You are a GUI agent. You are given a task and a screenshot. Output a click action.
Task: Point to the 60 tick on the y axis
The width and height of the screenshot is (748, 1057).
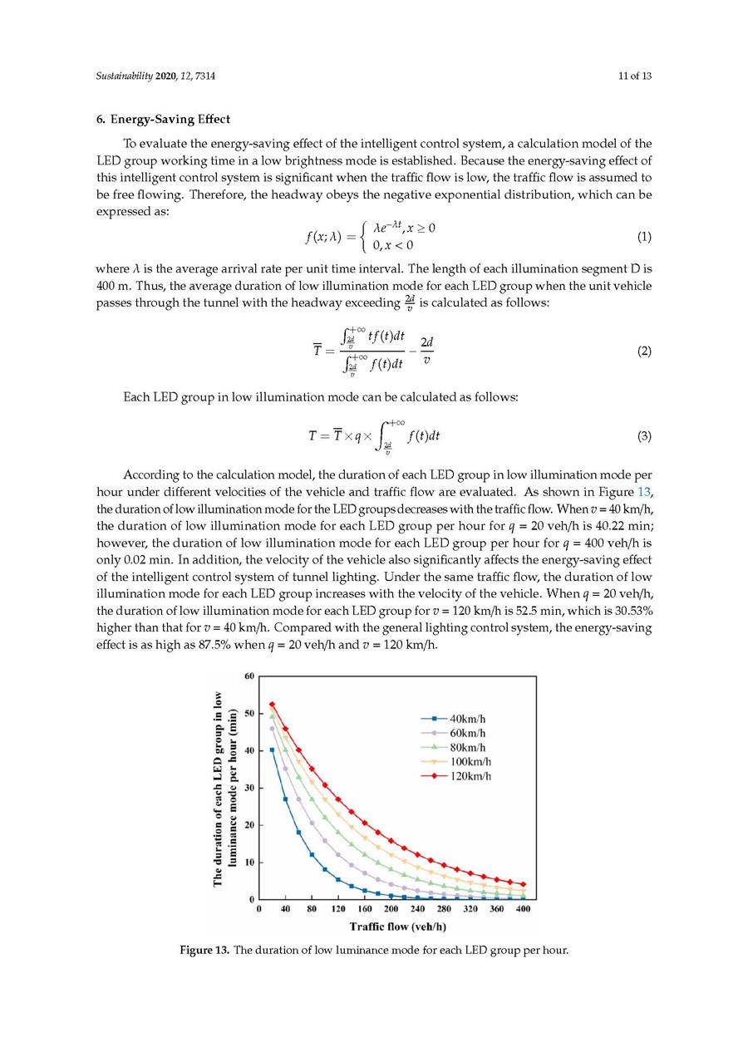tap(249, 676)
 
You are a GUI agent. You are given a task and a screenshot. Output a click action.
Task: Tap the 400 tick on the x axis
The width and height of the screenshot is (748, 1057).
tap(523, 910)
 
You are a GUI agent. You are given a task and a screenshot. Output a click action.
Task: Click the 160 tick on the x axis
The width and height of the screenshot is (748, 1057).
tap(364, 910)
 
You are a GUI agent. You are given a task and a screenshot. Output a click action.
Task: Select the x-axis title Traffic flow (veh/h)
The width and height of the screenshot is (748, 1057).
tap(397, 927)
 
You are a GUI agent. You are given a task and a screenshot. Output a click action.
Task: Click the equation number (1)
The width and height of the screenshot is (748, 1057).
tap(644, 237)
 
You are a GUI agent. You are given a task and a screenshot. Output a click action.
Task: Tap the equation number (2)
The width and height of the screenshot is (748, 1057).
tap(644, 352)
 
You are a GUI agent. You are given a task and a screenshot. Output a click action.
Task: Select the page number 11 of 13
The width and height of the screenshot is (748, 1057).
tap(635, 76)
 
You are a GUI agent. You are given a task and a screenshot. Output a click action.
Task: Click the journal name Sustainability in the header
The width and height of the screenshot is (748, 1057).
tap(124, 76)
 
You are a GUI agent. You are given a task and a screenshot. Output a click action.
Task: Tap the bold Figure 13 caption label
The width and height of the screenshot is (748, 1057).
tap(204, 951)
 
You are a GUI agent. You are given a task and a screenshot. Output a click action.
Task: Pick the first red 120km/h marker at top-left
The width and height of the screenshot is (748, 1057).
tap(272, 705)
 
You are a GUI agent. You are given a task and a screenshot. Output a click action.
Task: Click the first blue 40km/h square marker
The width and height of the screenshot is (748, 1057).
tap(272, 750)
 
